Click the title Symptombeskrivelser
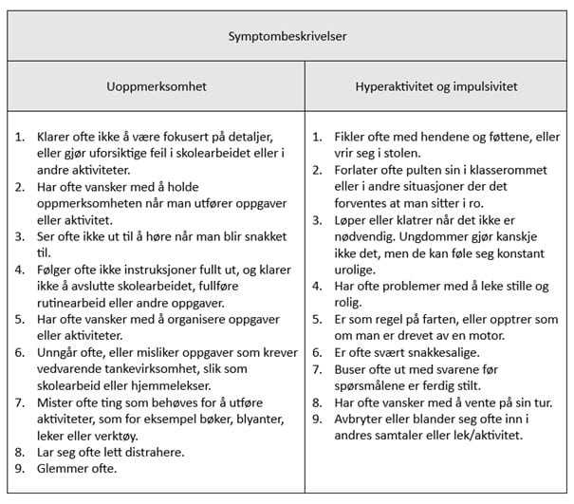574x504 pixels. pyautogui.click(x=287, y=37)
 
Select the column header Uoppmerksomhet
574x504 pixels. pyautogui.click(x=156, y=86)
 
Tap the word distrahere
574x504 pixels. pyautogui.click(x=149, y=452)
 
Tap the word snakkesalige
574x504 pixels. pyautogui.click(x=440, y=352)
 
